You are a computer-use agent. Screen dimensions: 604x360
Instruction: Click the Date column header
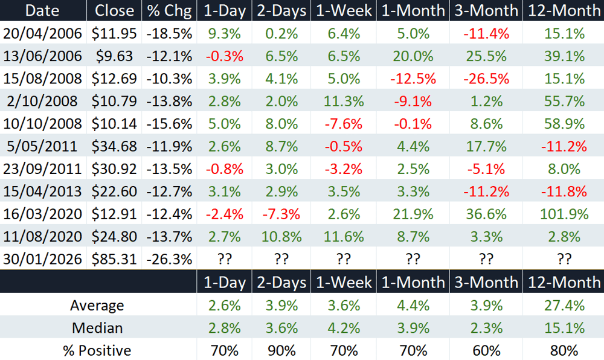coord(42,11)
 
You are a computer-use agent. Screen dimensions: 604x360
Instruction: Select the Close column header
coord(114,11)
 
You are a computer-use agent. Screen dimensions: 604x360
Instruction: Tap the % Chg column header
coord(169,11)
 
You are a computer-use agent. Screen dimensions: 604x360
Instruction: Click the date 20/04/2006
coord(42,33)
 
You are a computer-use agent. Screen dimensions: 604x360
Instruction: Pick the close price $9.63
coord(114,56)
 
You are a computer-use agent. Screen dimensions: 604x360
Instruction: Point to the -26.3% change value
coord(169,259)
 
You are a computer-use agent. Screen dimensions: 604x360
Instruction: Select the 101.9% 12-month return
coord(564,214)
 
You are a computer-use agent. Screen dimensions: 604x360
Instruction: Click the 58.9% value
coord(564,124)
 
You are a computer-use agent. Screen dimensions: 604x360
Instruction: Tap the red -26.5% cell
coord(486,79)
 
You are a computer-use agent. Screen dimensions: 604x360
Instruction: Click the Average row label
coord(97,305)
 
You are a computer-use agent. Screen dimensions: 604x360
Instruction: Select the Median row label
coord(97,328)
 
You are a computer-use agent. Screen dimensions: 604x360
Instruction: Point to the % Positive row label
coord(97,351)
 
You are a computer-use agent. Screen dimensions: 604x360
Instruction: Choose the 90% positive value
coord(281,351)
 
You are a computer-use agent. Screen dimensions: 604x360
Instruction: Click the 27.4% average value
coord(564,305)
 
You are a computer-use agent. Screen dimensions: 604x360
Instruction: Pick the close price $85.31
coord(114,259)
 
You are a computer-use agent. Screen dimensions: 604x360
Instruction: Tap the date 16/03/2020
coord(42,214)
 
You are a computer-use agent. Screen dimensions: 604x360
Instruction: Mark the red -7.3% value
coord(281,214)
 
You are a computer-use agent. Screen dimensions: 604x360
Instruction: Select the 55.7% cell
coord(564,101)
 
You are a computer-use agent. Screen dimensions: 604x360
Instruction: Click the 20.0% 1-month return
coord(413,56)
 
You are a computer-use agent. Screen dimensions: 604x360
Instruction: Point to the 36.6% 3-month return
coord(486,214)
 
